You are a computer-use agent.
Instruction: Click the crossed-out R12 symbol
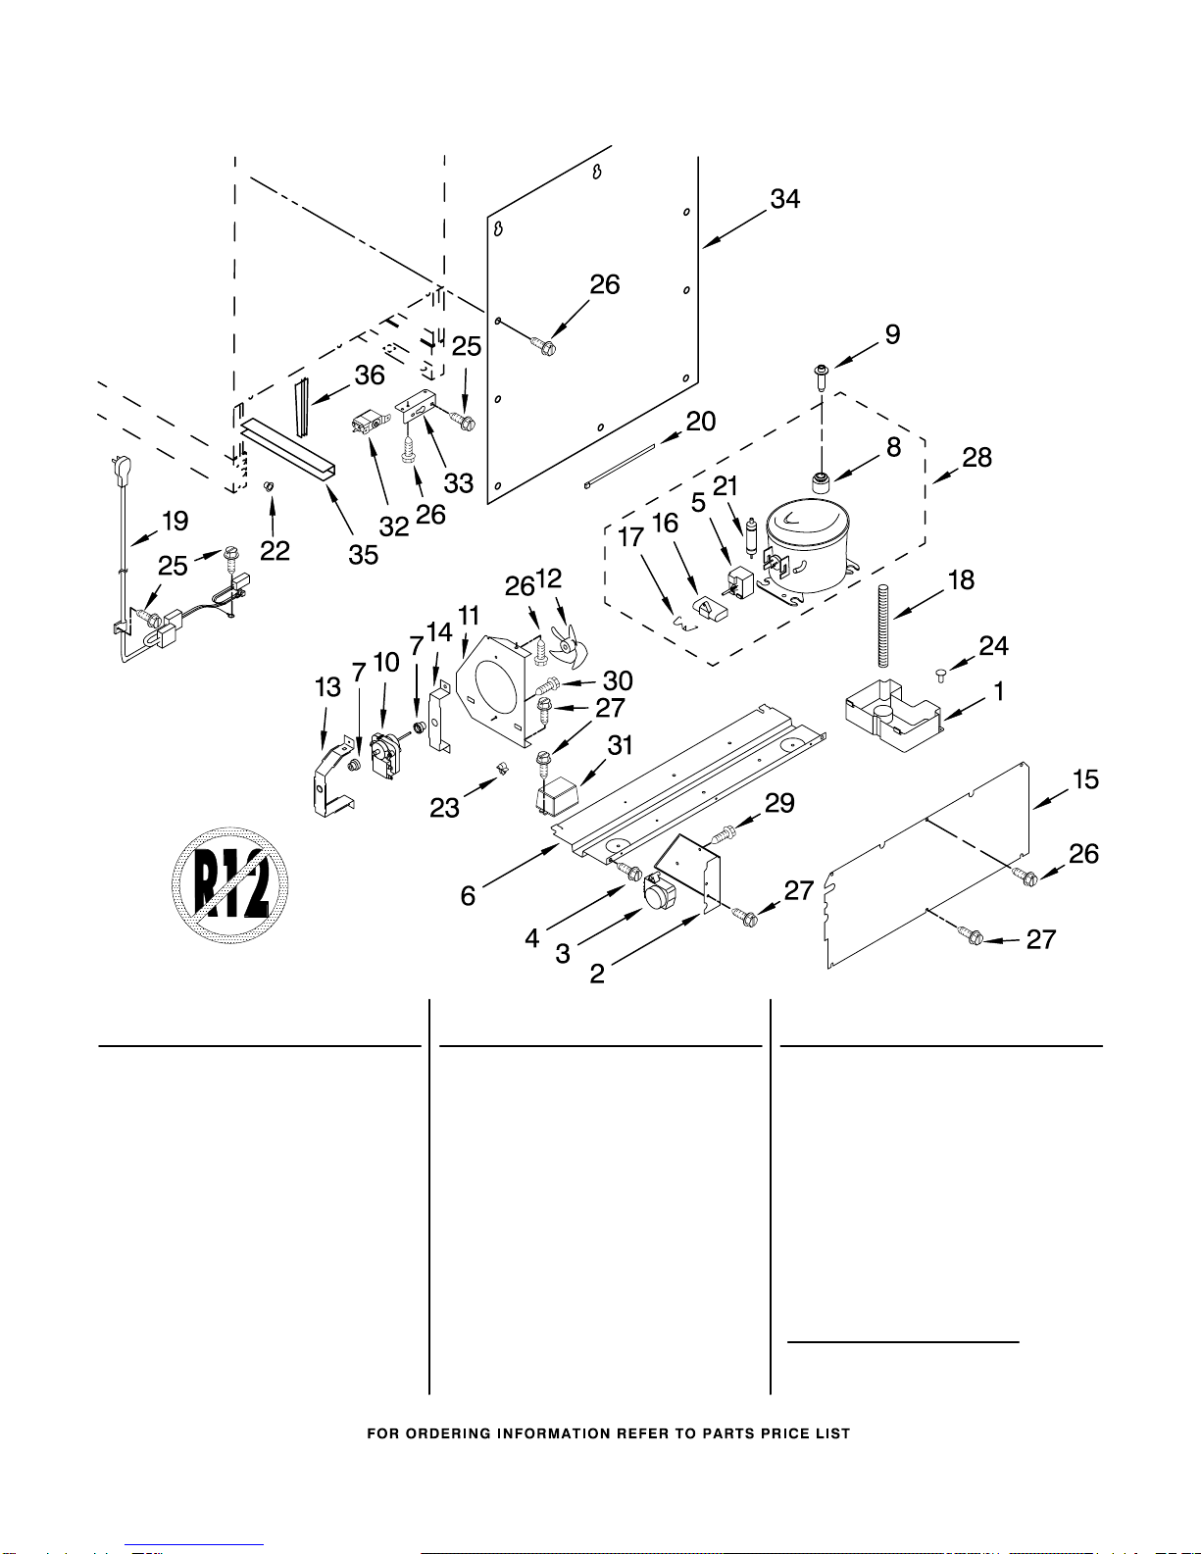[230, 885]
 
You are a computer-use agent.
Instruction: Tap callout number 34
[784, 200]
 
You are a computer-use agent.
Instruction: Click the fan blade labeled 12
[568, 641]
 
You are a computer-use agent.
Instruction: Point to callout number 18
[961, 580]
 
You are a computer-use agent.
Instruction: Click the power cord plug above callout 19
[123, 471]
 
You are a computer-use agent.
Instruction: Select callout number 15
[1085, 780]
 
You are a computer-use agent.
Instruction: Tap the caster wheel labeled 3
[660, 894]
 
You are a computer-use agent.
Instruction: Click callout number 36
[370, 376]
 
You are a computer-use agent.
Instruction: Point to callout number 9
[892, 335]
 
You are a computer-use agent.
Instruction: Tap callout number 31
[620, 746]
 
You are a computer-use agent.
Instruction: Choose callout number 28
[976, 458]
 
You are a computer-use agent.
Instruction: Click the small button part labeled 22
[269, 487]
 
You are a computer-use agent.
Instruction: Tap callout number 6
[468, 895]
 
